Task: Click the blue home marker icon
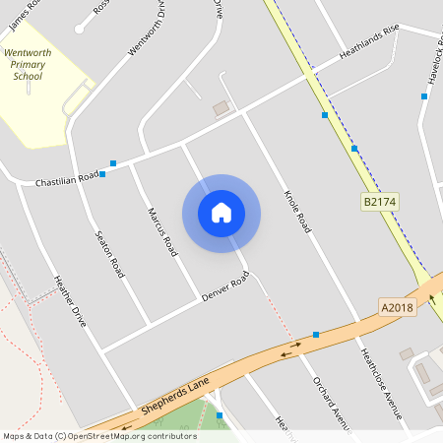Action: (x=221, y=213)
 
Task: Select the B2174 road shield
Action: (x=379, y=202)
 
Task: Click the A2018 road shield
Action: (x=399, y=308)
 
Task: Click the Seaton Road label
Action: (x=108, y=253)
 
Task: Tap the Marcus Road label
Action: (x=161, y=232)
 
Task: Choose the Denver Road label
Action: (x=226, y=285)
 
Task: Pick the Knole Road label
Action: (x=296, y=212)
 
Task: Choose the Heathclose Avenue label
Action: (x=379, y=384)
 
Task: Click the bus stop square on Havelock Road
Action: (x=424, y=96)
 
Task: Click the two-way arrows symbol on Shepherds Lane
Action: (x=290, y=350)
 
